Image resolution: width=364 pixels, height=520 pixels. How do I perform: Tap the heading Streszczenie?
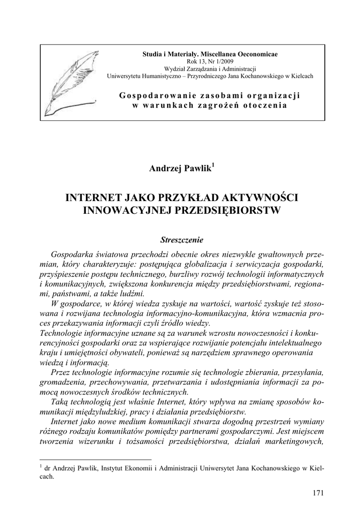181,238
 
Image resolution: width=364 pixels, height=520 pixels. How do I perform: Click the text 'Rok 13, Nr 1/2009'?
210,61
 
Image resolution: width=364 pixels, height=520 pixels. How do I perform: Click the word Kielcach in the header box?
299,76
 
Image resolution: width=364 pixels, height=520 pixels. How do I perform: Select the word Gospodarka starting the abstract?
75,253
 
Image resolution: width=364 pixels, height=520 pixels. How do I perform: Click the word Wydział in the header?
174,69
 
